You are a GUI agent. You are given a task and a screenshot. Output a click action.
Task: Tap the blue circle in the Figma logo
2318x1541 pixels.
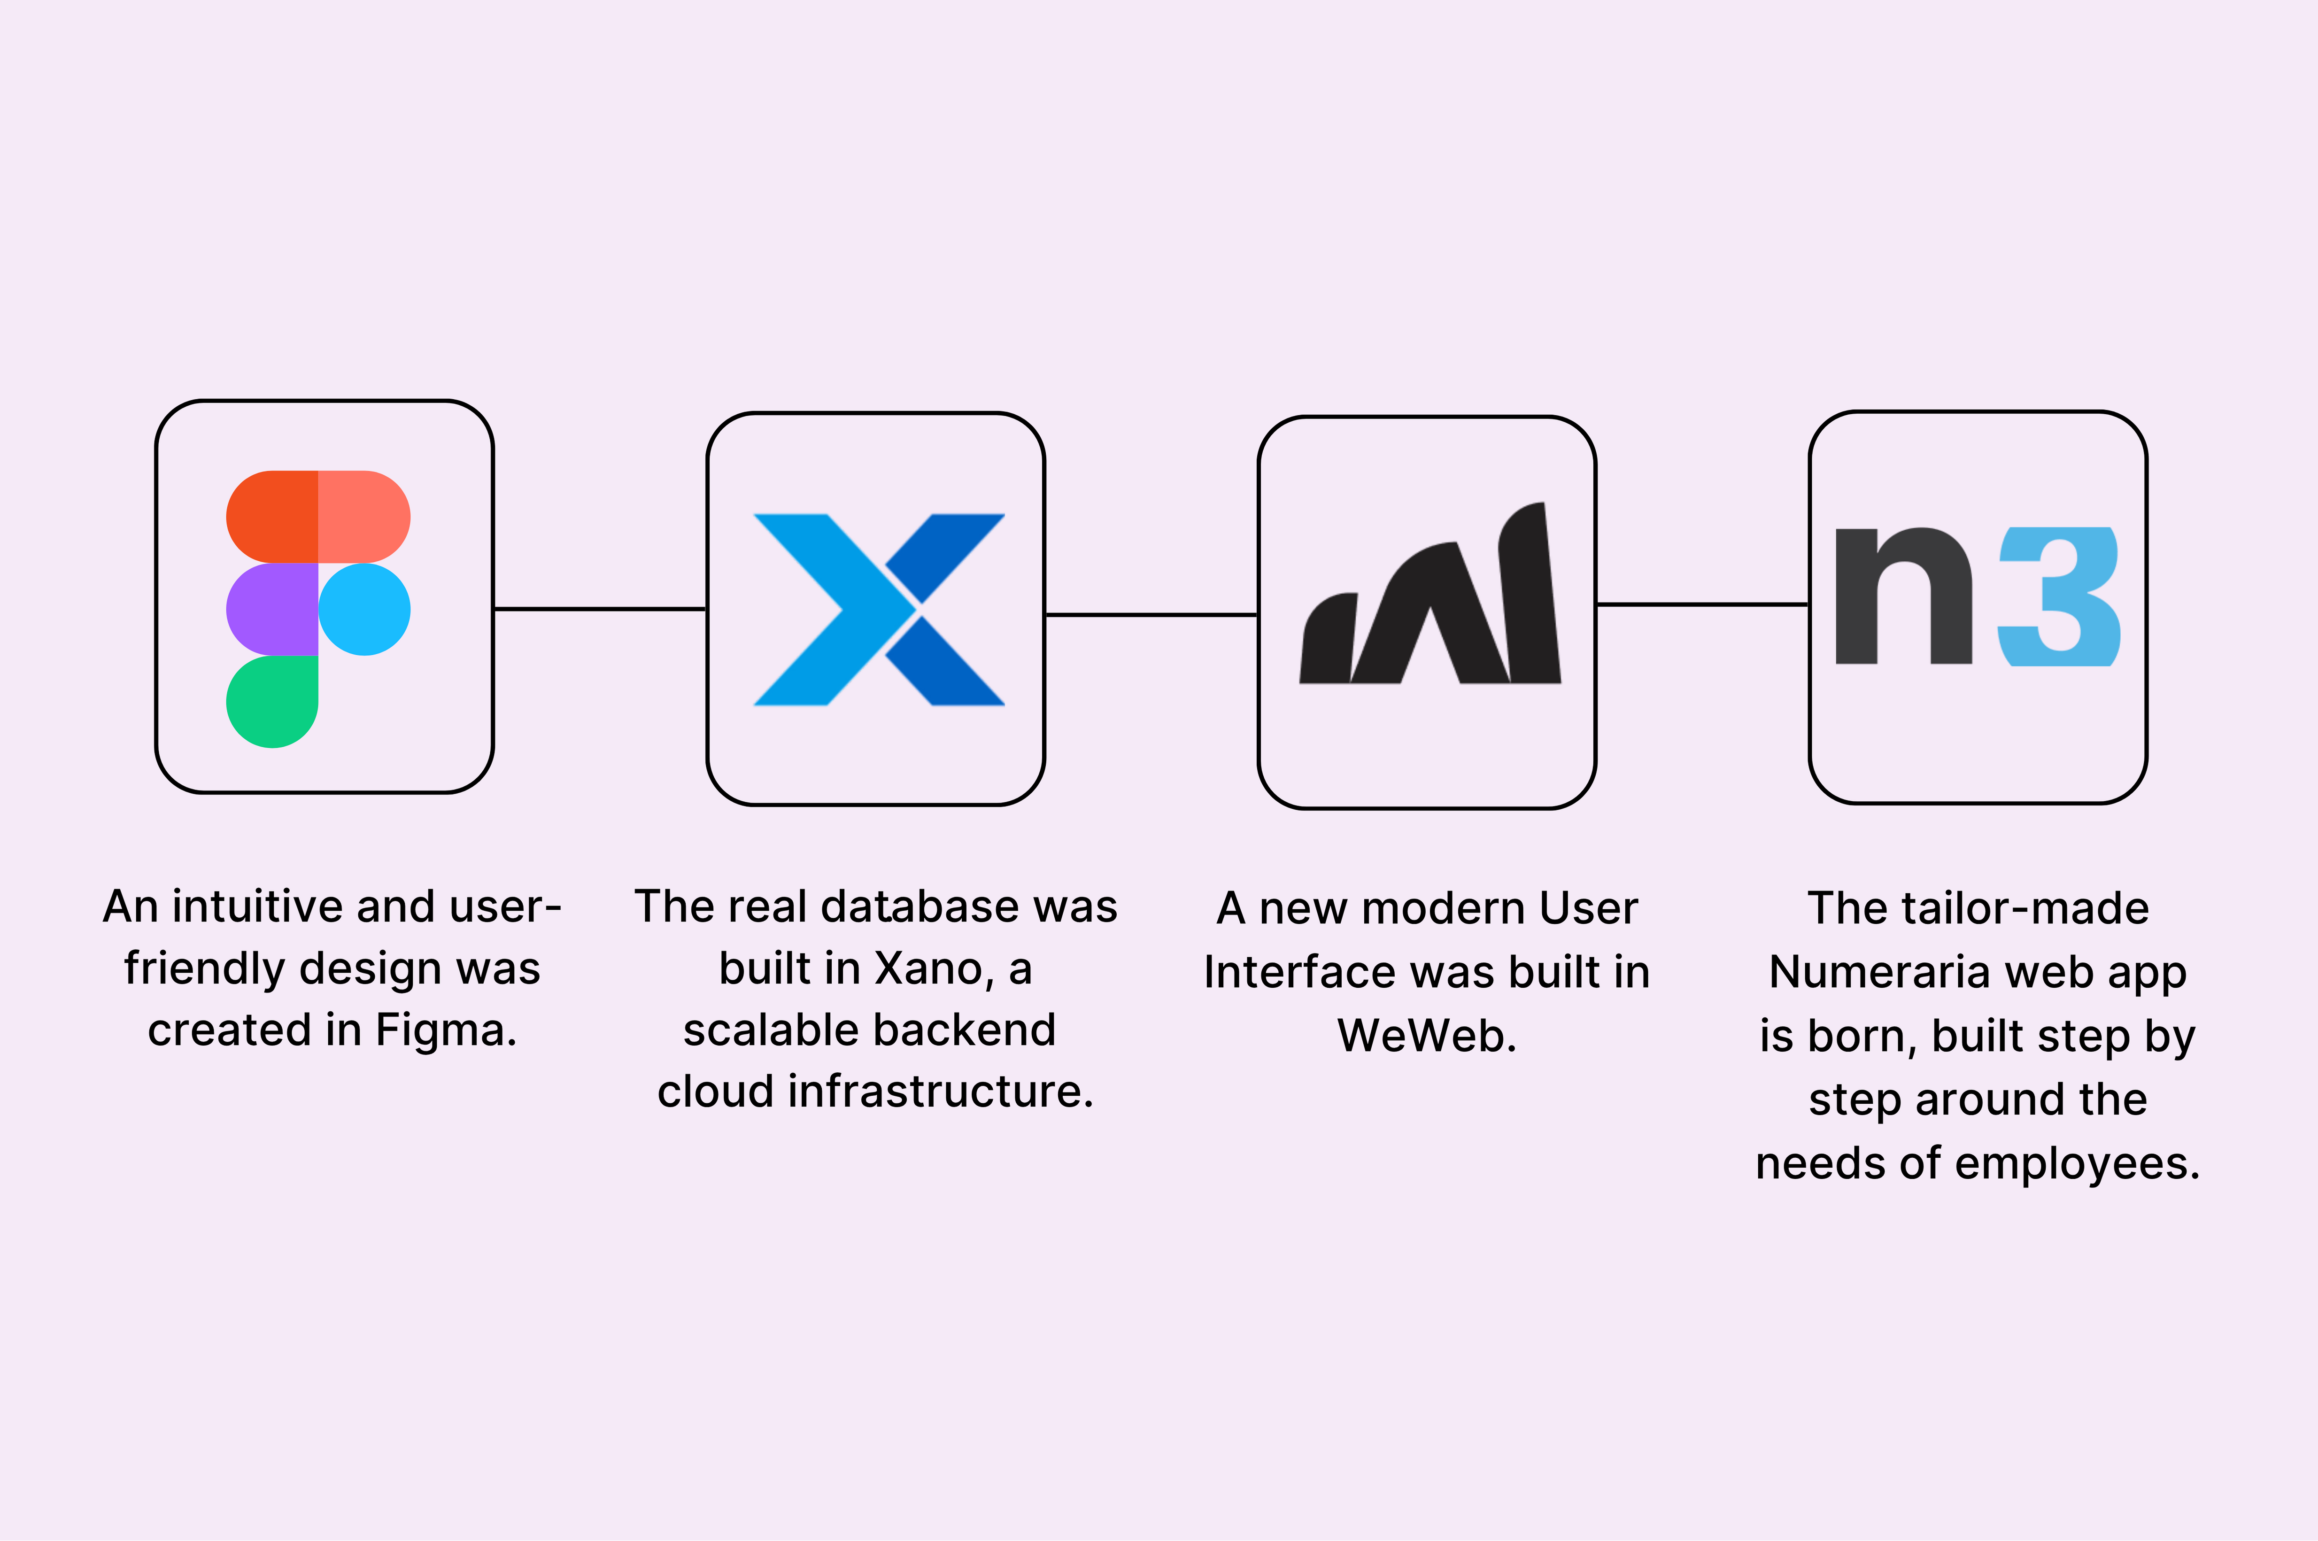click(364, 609)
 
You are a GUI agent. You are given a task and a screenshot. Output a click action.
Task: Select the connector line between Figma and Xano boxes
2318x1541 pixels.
click(599, 609)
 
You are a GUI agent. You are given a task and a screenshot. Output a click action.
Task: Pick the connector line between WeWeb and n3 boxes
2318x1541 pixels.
click(1702, 604)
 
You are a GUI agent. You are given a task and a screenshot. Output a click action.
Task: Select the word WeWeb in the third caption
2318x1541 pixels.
click(1427, 1036)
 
